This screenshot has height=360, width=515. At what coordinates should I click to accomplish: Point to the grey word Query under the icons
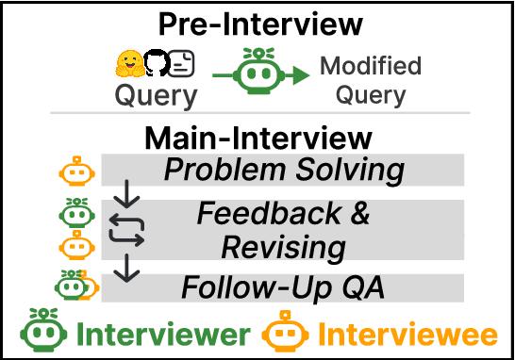click(157, 95)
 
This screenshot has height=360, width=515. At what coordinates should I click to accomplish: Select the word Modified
click(370, 67)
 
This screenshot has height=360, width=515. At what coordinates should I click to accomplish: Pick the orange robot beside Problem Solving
click(77, 172)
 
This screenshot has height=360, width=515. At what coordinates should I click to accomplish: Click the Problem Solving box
click(283, 172)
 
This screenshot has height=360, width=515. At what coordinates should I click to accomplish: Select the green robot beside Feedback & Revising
click(77, 212)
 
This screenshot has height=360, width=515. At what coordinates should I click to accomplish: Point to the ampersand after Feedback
click(357, 215)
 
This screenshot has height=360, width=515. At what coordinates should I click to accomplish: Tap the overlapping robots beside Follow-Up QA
click(74, 286)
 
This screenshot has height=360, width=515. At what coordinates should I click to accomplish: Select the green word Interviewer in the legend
click(164, 335)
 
